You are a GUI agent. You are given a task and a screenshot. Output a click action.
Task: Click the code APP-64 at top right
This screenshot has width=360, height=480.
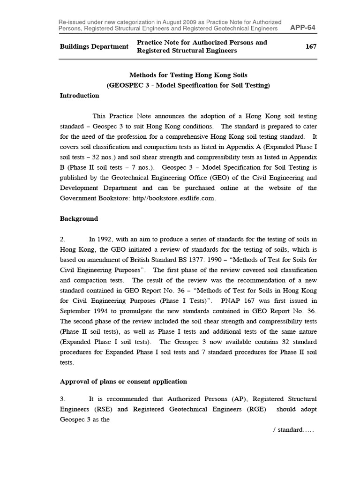click(303, 28)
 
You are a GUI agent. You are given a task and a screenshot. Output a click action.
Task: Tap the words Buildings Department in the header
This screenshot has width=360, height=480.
click(94, 46)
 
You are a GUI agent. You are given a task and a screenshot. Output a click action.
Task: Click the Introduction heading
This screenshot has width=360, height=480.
click(80, 96)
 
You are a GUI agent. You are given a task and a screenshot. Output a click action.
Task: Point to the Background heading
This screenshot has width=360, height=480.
click(79, 219)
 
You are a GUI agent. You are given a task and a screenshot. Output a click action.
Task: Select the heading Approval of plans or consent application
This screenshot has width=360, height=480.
click(124, 382)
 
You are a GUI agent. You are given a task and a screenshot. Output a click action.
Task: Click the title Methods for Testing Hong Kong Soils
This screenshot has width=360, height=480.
click(188, 75)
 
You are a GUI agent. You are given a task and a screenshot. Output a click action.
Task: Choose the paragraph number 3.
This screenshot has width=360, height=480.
click(62, 399)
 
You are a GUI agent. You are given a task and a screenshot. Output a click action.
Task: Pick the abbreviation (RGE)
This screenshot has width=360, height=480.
click(253, 409)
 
